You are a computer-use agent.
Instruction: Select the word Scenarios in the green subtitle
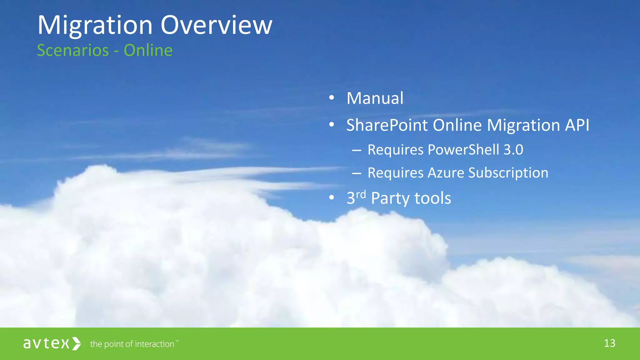73,50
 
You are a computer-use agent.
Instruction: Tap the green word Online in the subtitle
148,50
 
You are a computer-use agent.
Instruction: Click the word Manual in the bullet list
375,98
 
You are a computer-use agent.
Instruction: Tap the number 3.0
513,150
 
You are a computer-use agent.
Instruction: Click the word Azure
446,173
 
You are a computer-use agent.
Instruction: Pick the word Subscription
508,173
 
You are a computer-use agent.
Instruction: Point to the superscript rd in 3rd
361,194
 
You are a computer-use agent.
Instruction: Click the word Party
390,198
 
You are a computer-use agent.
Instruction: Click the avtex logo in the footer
46,343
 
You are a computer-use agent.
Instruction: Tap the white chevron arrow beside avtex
77,343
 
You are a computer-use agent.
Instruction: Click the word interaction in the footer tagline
154,344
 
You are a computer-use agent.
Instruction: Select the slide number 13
609,343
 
